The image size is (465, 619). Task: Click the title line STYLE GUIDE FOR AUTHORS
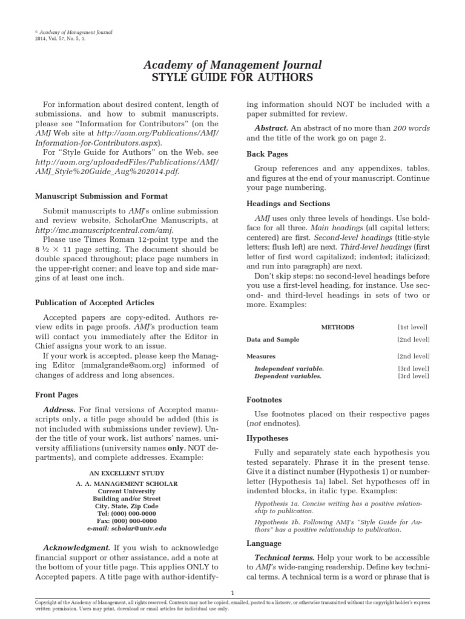click(232, 77)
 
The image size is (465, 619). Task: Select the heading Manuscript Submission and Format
click(101, 196)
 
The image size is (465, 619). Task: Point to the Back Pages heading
click(267, 154)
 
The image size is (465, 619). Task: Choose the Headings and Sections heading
click(288, 204)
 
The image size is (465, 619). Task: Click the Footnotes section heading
click(265, 400)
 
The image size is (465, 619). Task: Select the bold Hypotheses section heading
click(268, 438)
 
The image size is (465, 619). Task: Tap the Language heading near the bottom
click(265, 543)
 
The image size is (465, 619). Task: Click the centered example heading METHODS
click(337, 327)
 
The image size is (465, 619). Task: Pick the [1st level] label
click(414, 327)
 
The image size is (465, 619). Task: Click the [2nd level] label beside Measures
click(414, 357)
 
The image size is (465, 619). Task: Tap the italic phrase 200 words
click(411, 128)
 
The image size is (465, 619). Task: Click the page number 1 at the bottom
click(232, 592)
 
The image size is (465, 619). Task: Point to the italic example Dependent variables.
click(288, 375)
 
